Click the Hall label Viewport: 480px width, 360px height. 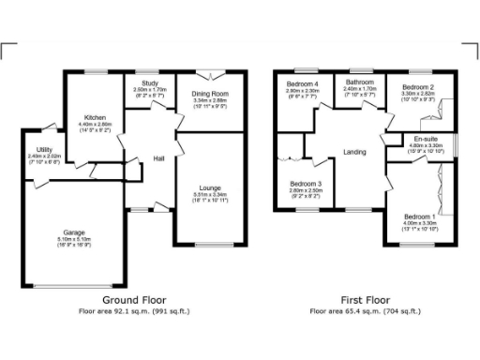[159, 158]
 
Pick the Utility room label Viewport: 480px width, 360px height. [44, 150]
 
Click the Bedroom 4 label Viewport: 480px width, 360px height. [303, 83]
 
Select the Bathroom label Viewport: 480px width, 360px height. [360, 82]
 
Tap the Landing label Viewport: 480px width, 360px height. [355, 152]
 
